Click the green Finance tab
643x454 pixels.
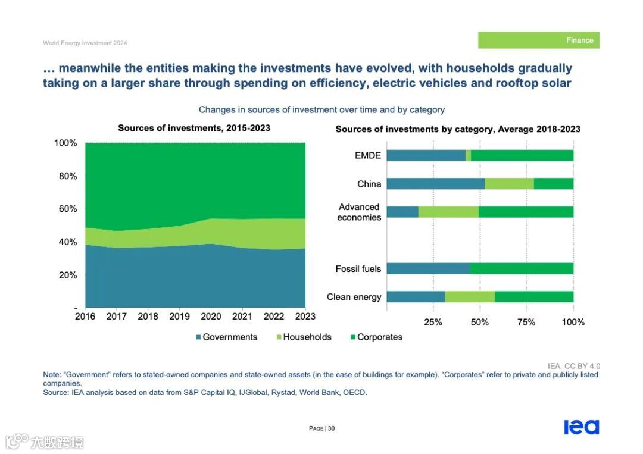[538, 40]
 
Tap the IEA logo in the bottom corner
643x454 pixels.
[581, 427]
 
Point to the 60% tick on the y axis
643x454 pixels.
[65, 209]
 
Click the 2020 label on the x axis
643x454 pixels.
[211, 317]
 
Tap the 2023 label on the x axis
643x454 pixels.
[305, 317]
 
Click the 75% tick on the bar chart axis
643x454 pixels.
[526, 323]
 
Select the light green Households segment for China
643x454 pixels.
[509, 184]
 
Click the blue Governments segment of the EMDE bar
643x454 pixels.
[426, 155]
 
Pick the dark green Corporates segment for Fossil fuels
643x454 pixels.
[521, 268]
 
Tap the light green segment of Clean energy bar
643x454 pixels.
[470, 296]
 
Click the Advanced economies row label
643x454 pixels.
[359, 212]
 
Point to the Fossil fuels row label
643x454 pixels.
[358, 269]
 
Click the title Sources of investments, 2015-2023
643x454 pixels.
[194, 128]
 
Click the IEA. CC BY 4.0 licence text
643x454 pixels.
[574, 366]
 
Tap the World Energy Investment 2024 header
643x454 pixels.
[85, 43]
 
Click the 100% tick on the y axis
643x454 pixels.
[65, 143]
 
